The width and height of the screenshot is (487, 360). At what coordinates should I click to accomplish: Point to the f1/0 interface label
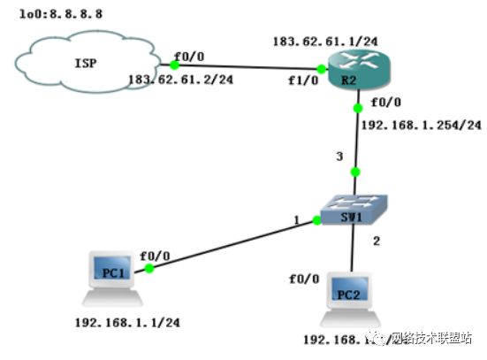click(301, 81)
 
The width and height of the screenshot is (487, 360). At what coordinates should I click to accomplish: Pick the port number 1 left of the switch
click(298, 220)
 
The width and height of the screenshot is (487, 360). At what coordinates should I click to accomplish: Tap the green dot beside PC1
click(151, 267)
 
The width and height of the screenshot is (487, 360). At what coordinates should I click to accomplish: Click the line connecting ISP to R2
click(247, 66)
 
